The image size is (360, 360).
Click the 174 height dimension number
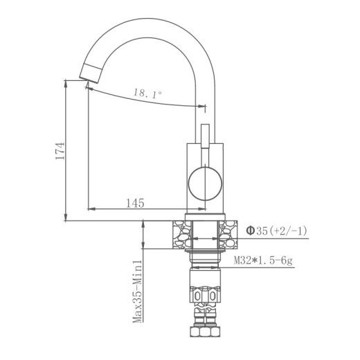(x=61, y=152)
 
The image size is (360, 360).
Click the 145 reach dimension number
(x=136, y=203)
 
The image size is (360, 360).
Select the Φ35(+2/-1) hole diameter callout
(x=272, y=231)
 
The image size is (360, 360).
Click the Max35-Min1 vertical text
(x=138, y=291)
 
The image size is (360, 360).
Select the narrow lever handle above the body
(x=204, y=136)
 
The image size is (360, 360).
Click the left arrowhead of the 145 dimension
(x=90, y=208)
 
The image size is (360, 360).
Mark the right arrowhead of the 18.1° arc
(x=204, y=107)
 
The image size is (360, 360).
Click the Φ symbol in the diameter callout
(x=250, y=231)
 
